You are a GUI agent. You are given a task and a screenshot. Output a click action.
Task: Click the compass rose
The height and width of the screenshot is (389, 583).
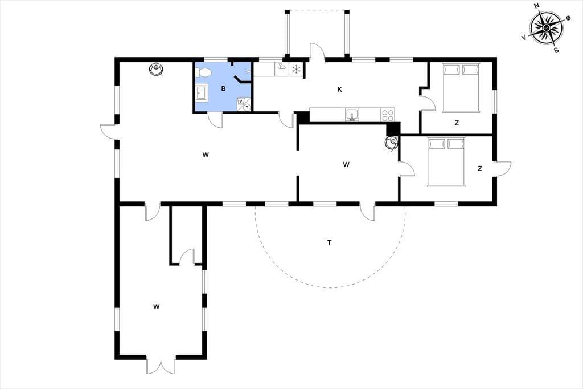pos(546,28)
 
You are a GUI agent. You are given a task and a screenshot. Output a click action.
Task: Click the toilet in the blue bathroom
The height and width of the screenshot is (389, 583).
pos(203,72)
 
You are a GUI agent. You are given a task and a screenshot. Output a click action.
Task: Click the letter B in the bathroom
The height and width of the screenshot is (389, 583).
pos(223,88)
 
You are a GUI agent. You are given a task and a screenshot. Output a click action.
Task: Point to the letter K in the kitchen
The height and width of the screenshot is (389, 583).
pos(339,90)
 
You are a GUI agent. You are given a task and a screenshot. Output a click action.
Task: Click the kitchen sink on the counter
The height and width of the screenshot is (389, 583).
pos(352,115)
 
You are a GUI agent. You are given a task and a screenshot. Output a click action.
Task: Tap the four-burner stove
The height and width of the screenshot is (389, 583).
pos(387,115)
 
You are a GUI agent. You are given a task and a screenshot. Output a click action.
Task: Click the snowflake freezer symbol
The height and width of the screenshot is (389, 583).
pos(296,70)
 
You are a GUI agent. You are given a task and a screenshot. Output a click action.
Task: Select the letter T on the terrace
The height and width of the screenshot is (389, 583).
pos(329,243)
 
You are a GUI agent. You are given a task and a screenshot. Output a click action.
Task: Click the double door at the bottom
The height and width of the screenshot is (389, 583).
pos(161,365)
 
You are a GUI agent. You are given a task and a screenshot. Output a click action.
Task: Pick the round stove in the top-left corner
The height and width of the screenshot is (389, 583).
pos(156,70)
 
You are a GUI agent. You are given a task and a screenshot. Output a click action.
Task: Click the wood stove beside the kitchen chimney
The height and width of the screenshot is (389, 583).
pos(392,143)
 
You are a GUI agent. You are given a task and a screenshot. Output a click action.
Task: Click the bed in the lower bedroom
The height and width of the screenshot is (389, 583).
pos(446,162)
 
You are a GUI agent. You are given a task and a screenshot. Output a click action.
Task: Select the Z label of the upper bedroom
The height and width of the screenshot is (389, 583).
pos(457,123)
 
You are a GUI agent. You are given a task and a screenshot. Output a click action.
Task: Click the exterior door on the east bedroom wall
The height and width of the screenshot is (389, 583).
pos(502,169)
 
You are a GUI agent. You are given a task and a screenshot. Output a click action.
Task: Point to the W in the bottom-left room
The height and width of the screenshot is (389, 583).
pos(156,307)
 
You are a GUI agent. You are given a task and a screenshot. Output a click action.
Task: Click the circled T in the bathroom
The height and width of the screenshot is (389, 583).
pos(247,108)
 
